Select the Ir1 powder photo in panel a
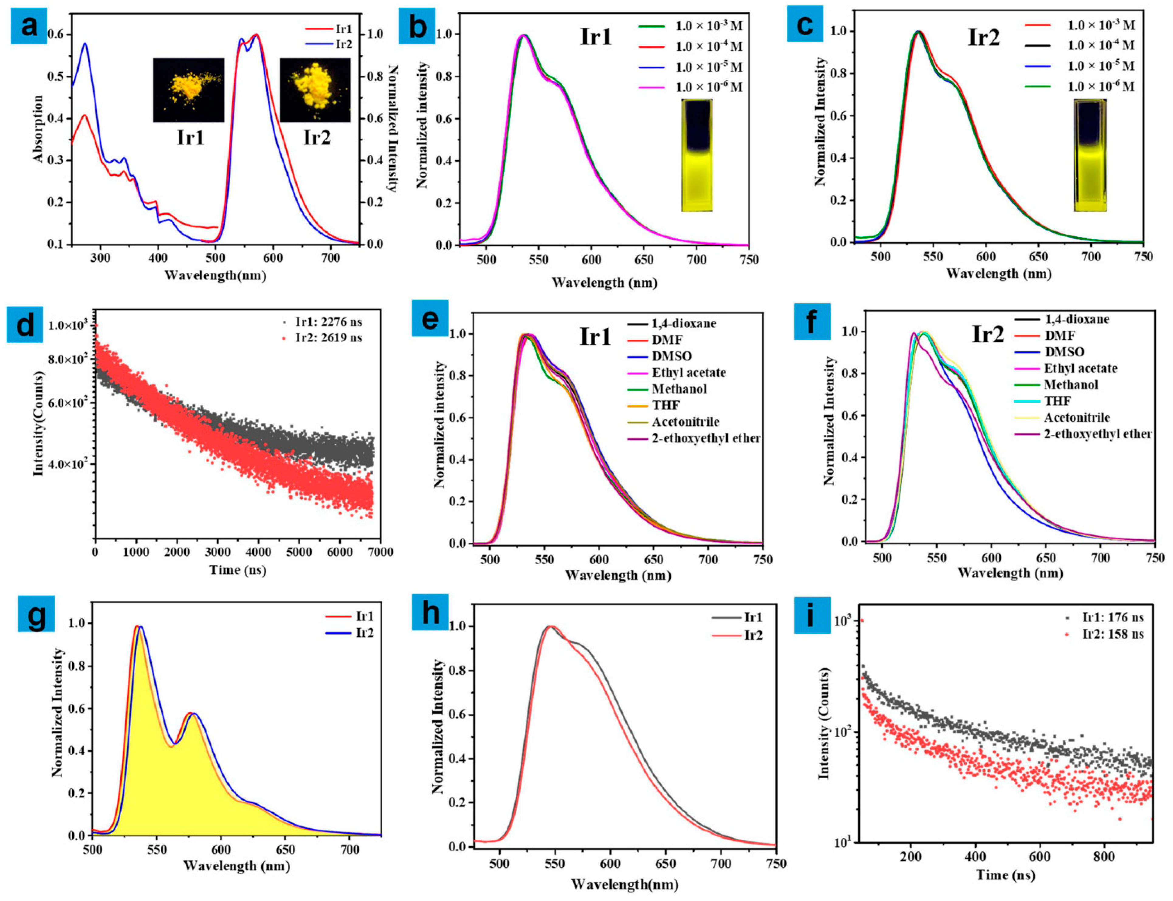point(188,90)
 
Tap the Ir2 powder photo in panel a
point(315,90)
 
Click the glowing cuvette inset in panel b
point(697,155)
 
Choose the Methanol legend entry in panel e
point(679,389)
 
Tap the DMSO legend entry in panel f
point(1064,352)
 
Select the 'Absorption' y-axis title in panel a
point(38,129)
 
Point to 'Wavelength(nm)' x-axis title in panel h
point(624,884)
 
